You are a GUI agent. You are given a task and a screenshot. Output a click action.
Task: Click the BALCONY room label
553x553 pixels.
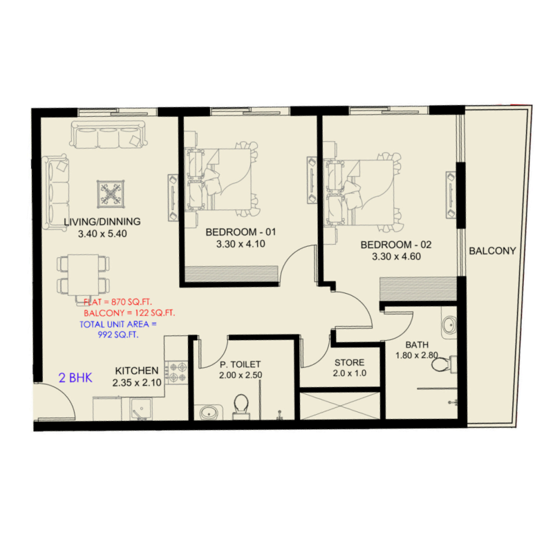click(x=492, y=251)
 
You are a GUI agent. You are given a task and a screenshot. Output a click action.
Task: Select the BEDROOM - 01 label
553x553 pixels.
click(x=236, y=232)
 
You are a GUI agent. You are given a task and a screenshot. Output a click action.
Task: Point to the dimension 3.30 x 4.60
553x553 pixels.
click(x=396, y=256)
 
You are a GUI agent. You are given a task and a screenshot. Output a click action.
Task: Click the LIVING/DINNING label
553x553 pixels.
click(x=102, y=222)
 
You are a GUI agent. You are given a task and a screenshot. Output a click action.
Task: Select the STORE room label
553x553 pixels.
click(x=350, y=362)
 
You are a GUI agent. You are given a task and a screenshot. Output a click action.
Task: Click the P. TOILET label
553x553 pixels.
click(x=239, y=364)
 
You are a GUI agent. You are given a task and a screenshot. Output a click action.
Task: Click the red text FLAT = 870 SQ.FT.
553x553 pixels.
click(x=118, y=302)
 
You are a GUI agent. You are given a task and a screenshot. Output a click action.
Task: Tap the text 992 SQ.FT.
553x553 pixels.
click(x=120, y=335)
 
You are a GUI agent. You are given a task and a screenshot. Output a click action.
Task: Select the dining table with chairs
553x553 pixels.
click(x=84, y=274)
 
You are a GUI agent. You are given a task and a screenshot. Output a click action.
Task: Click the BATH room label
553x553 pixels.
click(x=417, y=344)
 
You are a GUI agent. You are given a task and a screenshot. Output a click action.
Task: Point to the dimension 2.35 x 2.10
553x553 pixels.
click(x=137, y=382)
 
